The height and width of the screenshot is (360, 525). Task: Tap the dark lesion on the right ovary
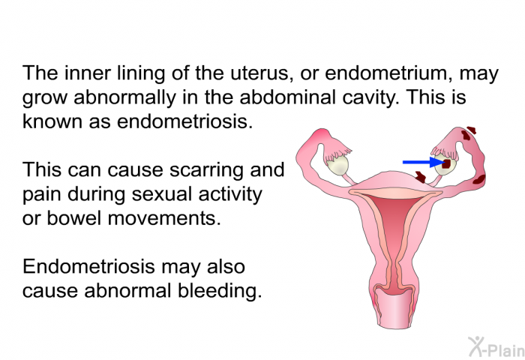[x=447, y=163]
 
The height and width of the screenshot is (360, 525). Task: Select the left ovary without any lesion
[x=337, y=165]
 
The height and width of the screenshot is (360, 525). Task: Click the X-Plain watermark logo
[x=496, y=347]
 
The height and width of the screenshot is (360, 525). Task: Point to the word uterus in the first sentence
[x=259, y=73]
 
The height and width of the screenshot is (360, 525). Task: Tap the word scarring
[x=207, y=170]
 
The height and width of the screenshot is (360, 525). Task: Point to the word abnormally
[x=124, y=97]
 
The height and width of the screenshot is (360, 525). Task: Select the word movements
[x=164, y=218]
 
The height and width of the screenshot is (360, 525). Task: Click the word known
[x=52, y=121]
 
